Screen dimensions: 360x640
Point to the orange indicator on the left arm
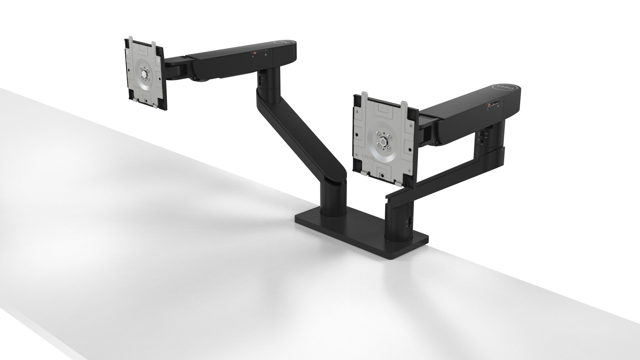(254, 53)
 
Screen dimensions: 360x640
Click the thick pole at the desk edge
(399, 224)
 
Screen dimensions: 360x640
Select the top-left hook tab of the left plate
(128, 43)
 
